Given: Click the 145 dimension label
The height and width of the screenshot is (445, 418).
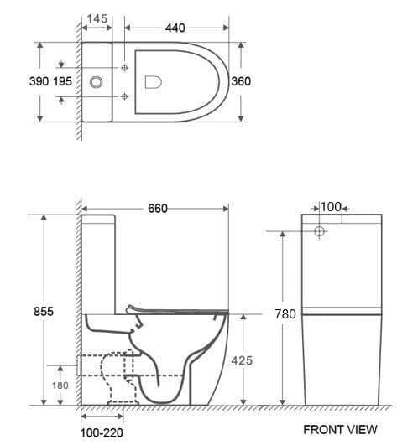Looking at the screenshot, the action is tap(97, 18).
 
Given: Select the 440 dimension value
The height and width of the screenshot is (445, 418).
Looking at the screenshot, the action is tap(175, 28).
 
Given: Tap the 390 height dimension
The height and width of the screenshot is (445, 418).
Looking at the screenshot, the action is tap(39, 81).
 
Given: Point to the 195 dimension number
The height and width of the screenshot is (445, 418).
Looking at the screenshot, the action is tap(62, 81).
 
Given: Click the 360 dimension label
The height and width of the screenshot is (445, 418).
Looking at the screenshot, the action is tap(241, 81).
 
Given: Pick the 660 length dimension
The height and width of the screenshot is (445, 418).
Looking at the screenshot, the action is tap(158, 209).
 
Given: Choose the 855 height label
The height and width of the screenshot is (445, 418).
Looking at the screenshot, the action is tap(44, 311).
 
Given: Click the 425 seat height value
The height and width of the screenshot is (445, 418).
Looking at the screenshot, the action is tap(242, 360).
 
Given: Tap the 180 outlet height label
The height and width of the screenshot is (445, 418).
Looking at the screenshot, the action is tap(60, 385).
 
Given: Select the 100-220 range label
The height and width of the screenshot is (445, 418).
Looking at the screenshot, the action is tap(102, 433).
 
